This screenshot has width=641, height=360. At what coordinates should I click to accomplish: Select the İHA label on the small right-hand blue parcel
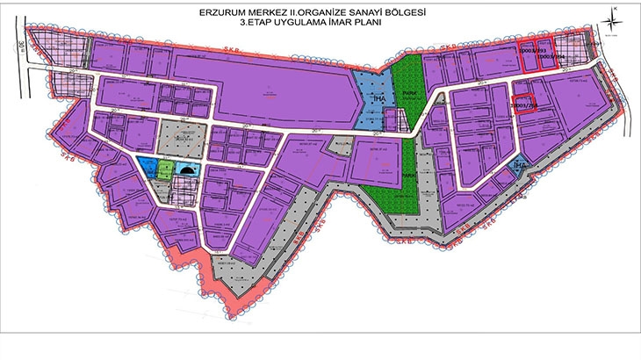(520, 165)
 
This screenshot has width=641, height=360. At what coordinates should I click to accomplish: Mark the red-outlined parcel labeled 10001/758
(524, 104)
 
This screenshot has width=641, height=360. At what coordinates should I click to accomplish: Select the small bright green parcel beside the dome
(166, 168)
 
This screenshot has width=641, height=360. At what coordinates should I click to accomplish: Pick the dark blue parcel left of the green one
(147, 167)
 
